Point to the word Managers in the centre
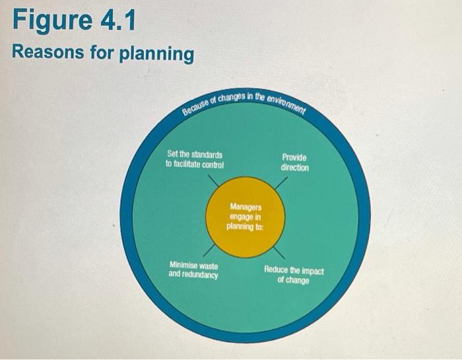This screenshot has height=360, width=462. (x=246, y=207)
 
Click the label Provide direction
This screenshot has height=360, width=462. (x=294, y=162)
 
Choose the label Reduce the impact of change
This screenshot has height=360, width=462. (x=294, y=275)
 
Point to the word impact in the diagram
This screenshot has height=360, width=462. (x=311, y=270)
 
